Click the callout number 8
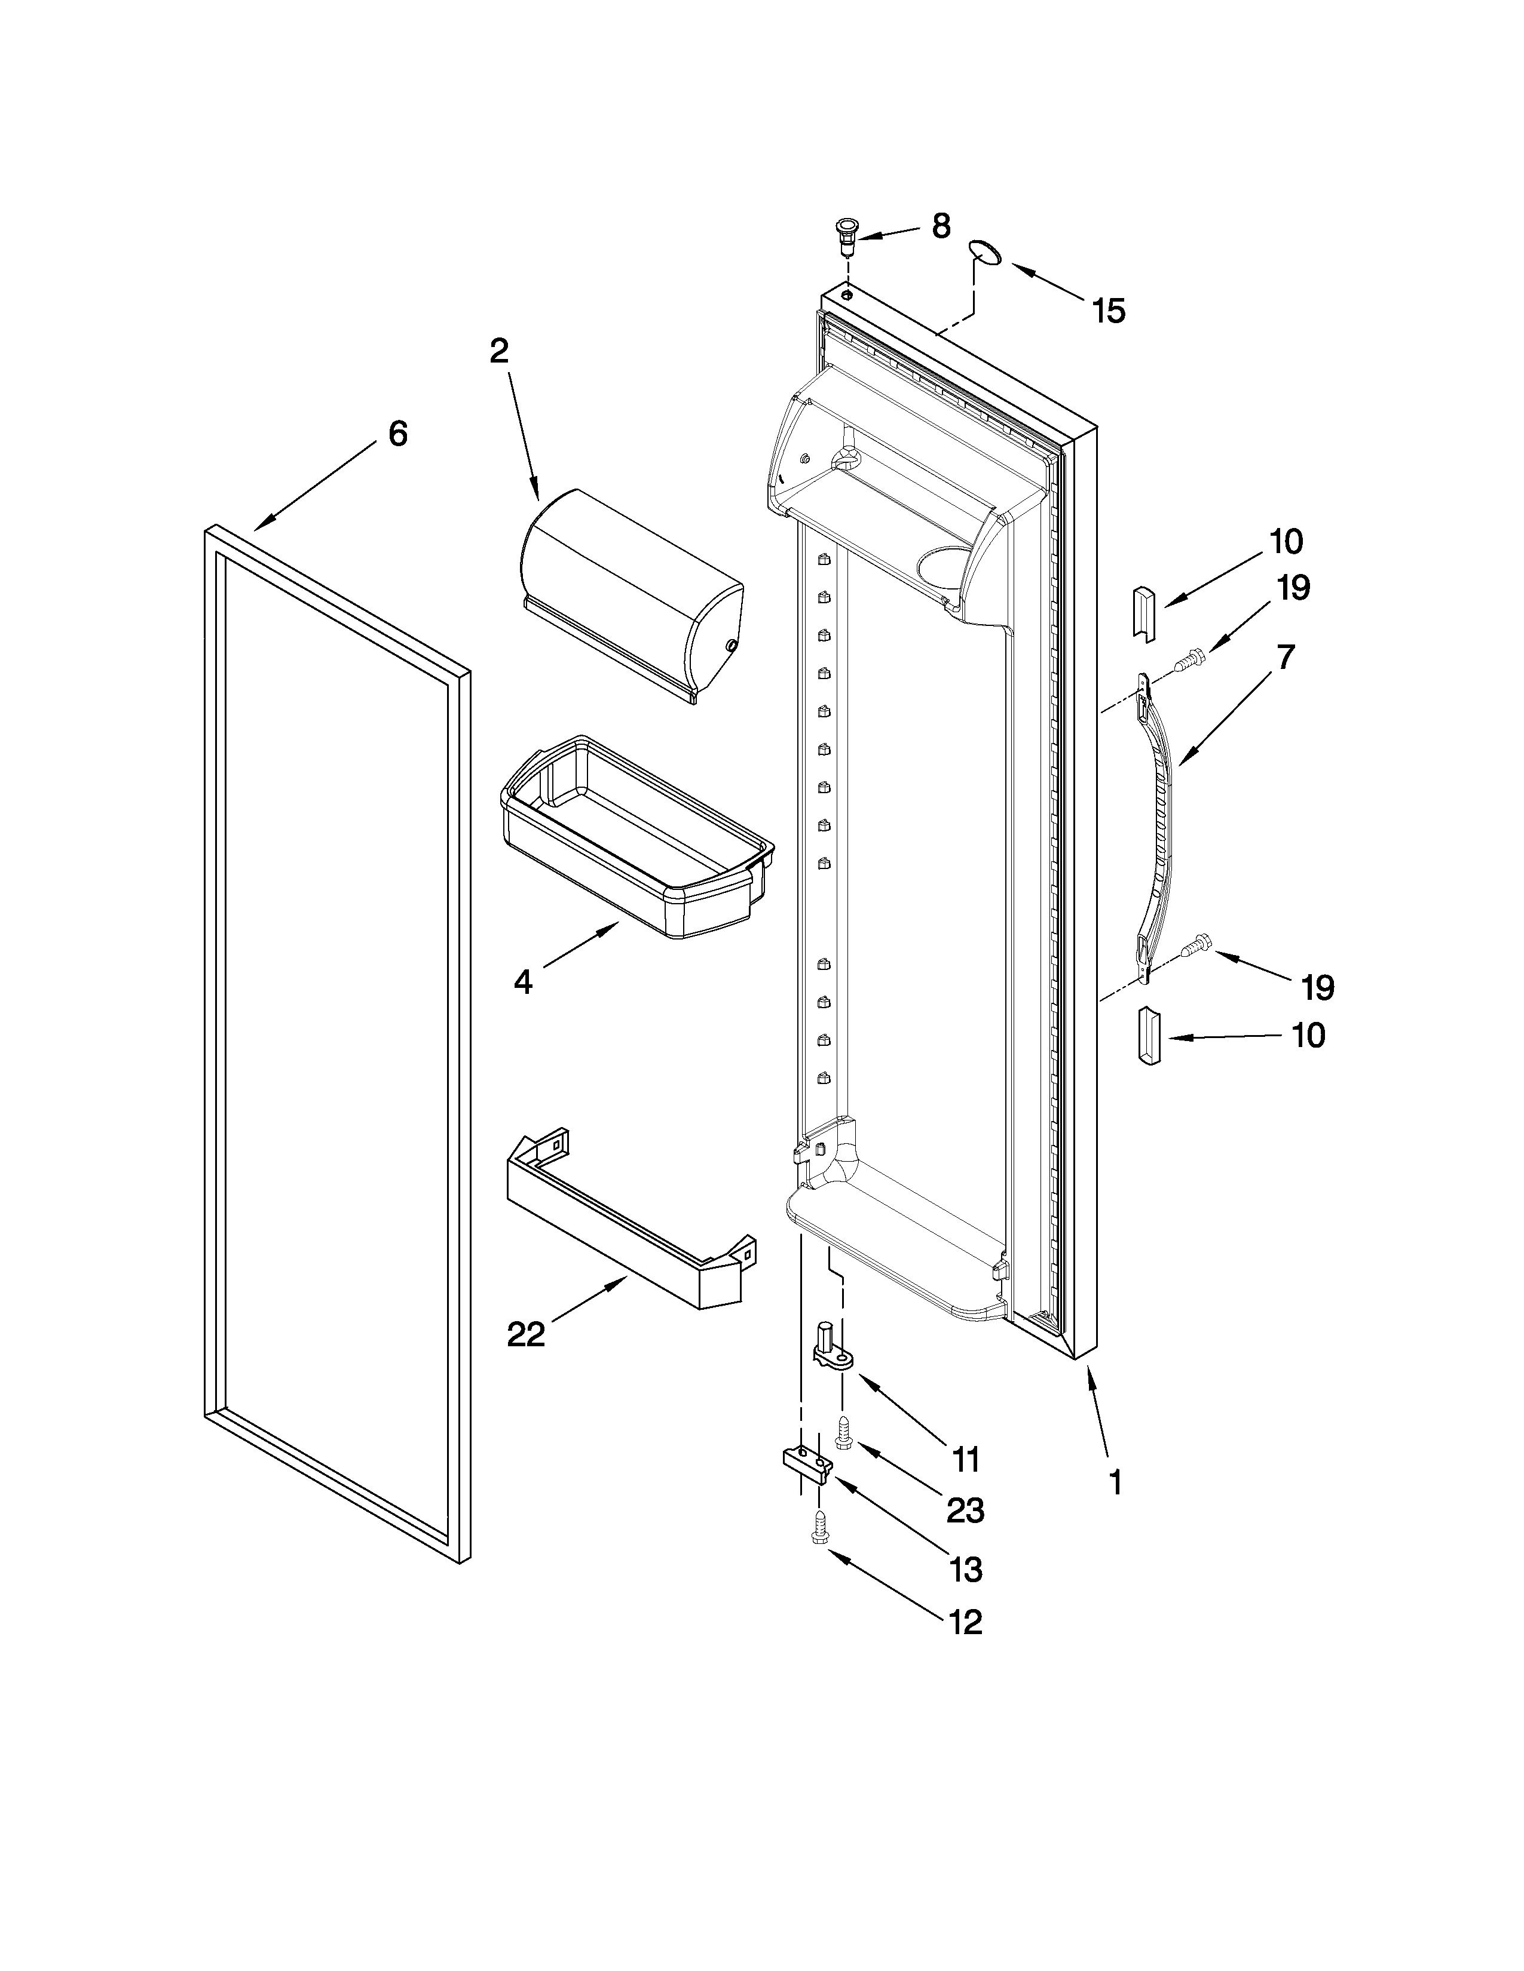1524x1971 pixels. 941,226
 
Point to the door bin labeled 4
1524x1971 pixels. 636,839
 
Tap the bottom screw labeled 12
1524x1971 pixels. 822,1527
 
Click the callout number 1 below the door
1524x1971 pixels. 1116,1483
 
